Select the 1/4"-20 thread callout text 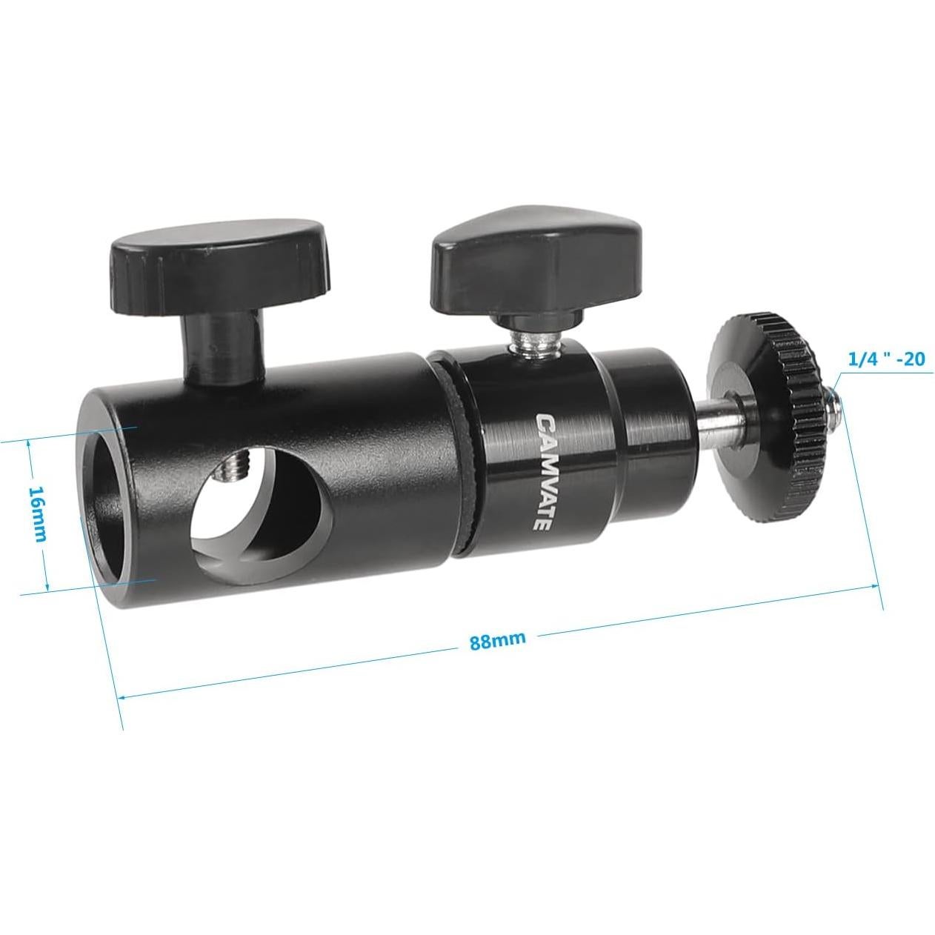point(886,359)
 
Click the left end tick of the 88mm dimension point(119,696)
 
